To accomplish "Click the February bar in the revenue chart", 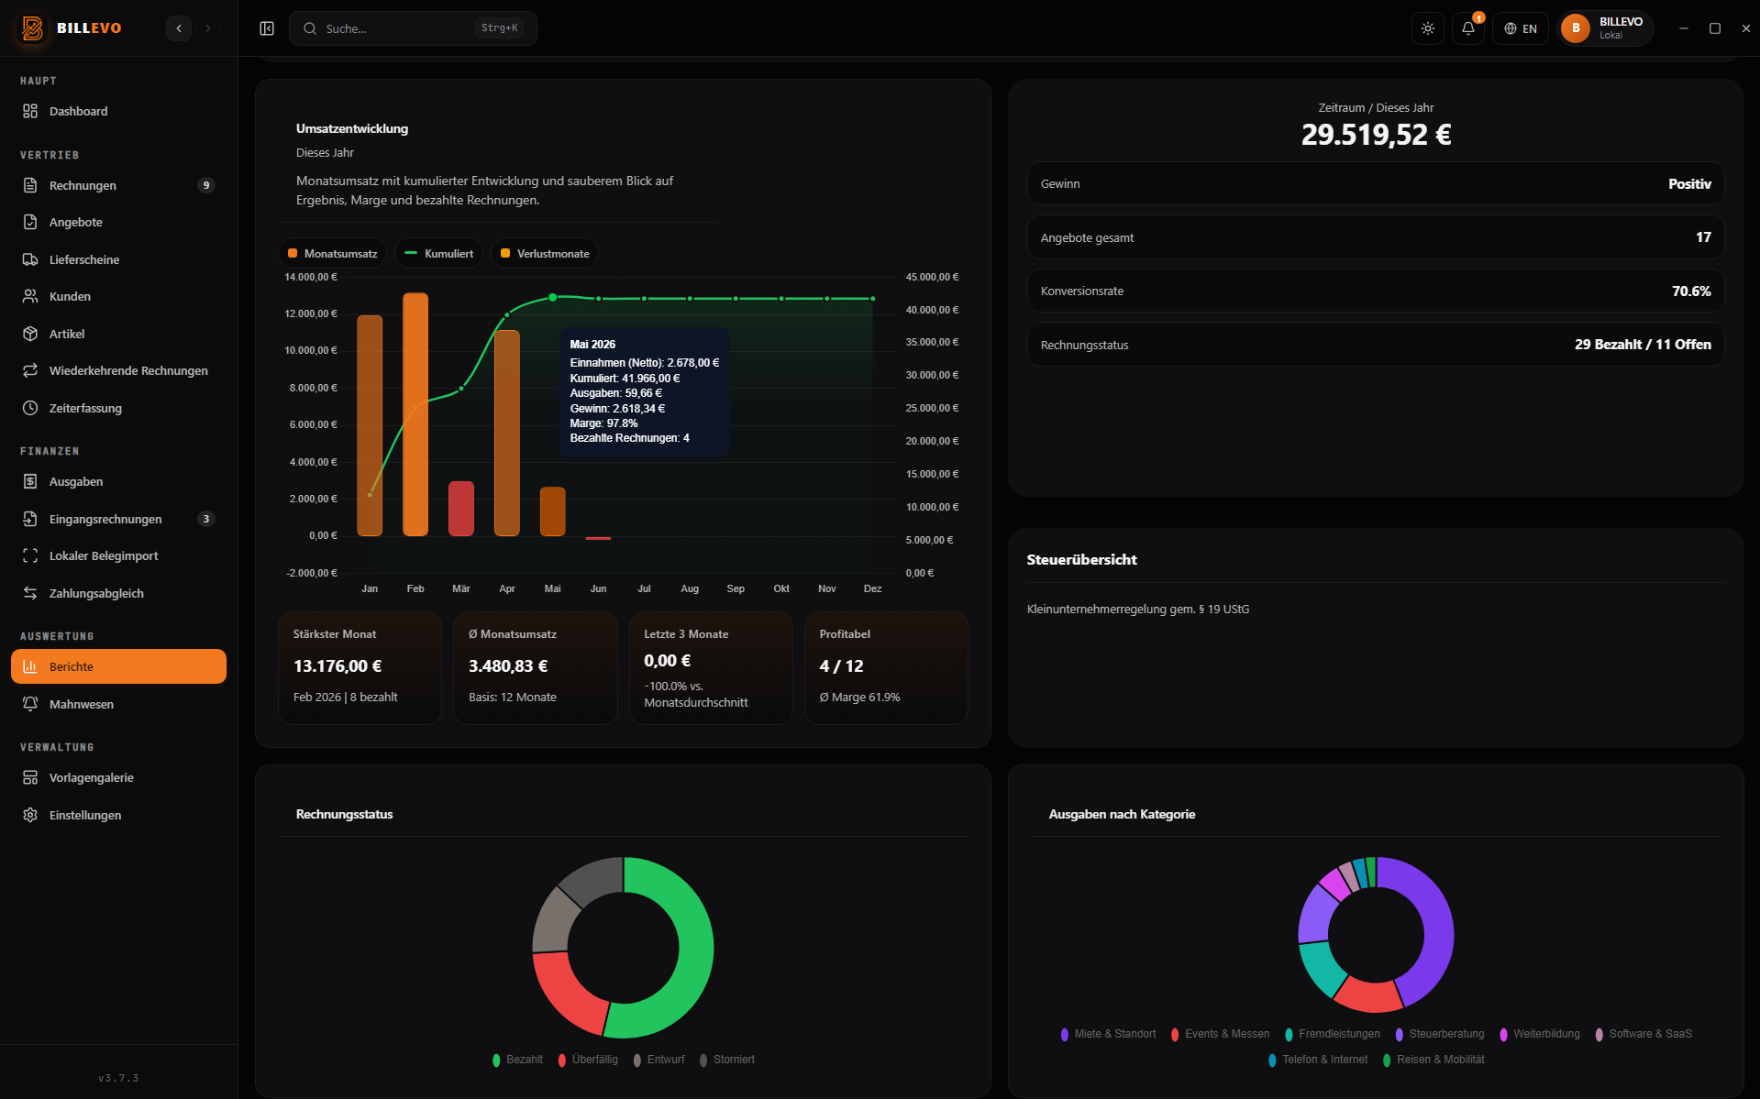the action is (x=415, y=414).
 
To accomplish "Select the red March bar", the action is (x=461, y=509).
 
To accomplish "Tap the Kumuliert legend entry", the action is (x=439, y=254).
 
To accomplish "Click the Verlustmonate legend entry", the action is (x=545, y=254).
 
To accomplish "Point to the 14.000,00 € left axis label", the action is (x=311, y=277).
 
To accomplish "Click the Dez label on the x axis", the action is (x=872, y=588).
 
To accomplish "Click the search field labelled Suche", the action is (x=413, y=28).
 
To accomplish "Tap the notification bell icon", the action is (x=1468, y=28).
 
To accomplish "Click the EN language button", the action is (x=1521, y=28).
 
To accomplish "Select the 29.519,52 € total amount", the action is (x=1376, y=135).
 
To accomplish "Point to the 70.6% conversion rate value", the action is (x=1691, y=291).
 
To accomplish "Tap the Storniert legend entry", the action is (x=727, y=1060).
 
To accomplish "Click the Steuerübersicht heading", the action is (x=1081, y=559).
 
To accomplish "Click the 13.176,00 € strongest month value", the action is (x=338, y=666).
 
